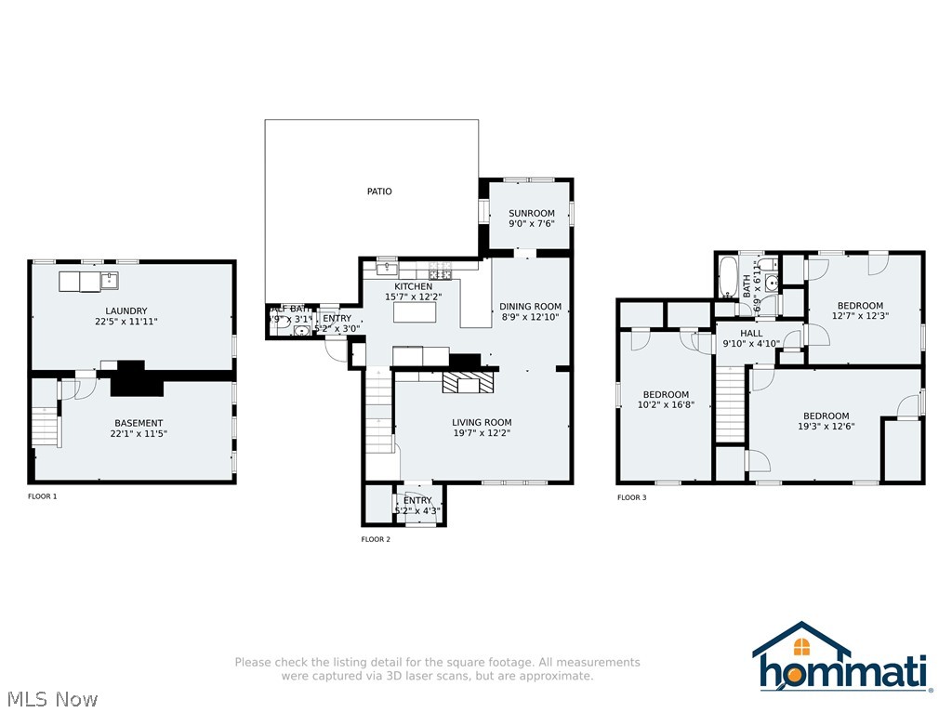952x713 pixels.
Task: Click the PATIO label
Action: tap(379, 191)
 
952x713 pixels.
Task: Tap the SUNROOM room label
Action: tap(531, 213)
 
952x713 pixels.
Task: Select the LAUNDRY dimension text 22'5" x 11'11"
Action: tap(126, 322)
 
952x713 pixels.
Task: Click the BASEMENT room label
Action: tap(139, 423)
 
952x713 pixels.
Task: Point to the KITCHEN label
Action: tap(413, 286)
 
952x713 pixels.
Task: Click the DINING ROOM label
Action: tap(530, 306)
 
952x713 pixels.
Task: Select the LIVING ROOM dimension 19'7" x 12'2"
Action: tap(482, 432)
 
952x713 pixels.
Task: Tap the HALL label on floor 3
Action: tap(751, 333)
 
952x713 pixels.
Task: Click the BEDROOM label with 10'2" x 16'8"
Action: tap(666, 394)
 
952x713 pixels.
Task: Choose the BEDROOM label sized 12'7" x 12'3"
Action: tap(860, 306)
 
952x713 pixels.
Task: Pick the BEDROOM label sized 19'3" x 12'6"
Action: tap(826, 416)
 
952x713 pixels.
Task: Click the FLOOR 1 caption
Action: tap(43, 496)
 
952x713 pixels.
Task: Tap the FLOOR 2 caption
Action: tap(376, 539)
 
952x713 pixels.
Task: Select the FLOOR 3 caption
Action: tap(632, 497)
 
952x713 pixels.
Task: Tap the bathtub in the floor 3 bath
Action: tap(727, 276)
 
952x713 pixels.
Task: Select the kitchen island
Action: tap(415, 311)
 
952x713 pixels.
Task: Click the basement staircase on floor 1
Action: tap(46, 427)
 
